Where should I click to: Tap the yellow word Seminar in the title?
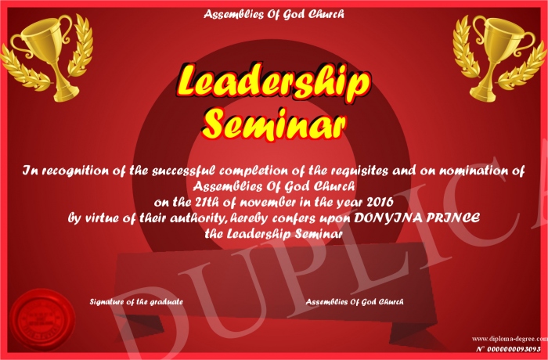pyautogui.click(x=274, y=124)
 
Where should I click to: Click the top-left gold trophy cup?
pyautogui.click(x=46, y=58)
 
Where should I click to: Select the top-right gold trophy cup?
pyautogui.click(x=500, y=58)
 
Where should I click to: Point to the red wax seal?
pyautogui.click(x=42, y=320)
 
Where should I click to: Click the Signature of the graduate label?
pyautogui.click(x=136, y=301)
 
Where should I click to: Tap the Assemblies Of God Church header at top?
pyautogui.click(x=274, y=14)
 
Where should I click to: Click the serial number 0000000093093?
pyautogui.click(x=514, y=349)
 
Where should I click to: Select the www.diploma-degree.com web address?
pyautogui.click(x=510, y=339)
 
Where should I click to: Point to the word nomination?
pyautogui.click(x=473, y=171)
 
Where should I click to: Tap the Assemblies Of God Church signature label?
pyautogui.click(x=355, y=301)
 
